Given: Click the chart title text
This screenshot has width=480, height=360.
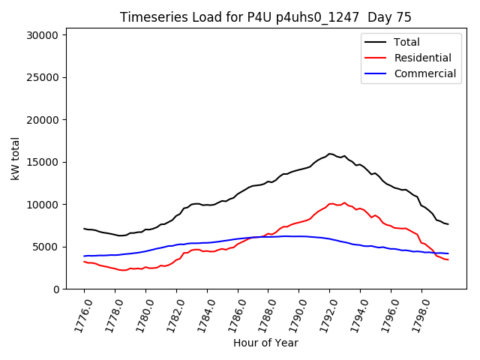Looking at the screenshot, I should click(x=265, y=17).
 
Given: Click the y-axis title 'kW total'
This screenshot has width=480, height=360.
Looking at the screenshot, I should click(x=16, y=159).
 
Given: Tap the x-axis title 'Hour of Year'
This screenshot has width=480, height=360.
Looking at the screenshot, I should click(x=265, y=343).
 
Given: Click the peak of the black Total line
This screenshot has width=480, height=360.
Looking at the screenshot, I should click(x=329, y=154).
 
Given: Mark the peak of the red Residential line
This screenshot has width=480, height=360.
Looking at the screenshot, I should click(x=345, y=202).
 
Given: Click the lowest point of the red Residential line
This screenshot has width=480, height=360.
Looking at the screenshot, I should click(x=122, y=270).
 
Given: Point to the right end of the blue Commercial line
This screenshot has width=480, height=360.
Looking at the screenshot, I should click(x=448, y=253).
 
